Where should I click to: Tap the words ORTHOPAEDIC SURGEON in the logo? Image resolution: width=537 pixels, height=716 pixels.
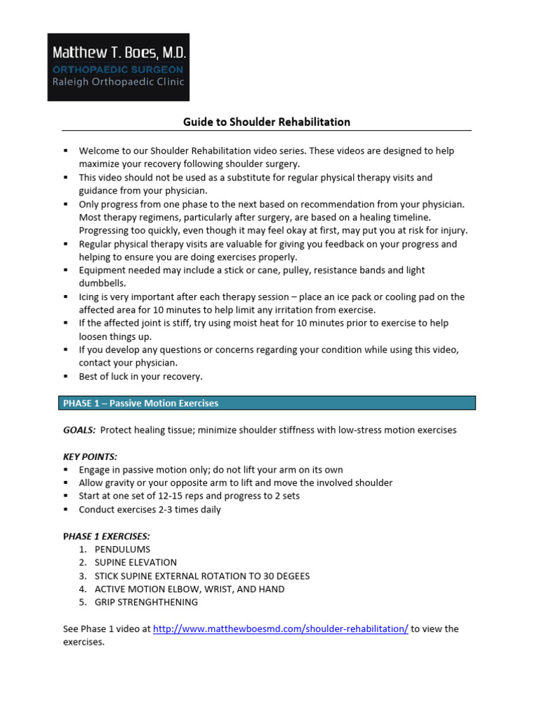pyautogui.click(x=117, y=69)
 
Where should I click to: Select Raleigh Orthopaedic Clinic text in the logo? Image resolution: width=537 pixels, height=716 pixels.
pyautogui.click(x=117, y=82)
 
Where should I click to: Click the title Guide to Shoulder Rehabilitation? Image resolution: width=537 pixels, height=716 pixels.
pyautogui.click(x=266, y=122)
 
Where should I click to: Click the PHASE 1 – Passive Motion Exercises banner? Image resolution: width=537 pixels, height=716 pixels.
pyautogui.click(x=141, y=403)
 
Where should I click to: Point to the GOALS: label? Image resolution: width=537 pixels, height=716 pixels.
pyautogui.click(x=79, y=430)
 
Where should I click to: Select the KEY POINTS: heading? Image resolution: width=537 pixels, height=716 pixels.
pyautogui.click(x=90, y=457)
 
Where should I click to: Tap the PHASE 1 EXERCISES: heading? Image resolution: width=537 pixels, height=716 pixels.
pyautogui.click(x=106, y=536)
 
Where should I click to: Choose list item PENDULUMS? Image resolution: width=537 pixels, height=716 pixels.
pyautogui.click(x=122, y=550)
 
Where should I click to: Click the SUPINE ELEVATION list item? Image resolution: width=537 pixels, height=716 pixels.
pyautogui.click(x=136, y=562)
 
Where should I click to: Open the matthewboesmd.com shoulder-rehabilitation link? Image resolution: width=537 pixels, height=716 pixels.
pyautogui.click(x=280, y=629)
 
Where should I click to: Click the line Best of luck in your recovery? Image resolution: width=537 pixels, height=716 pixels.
pyautogui.click(x=141, y=376)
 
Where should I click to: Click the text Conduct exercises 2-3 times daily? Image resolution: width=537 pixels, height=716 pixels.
pyautogui.click(x=150, y=510)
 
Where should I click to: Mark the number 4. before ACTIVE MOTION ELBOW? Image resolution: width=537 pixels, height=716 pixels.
pyautogui.click(x=83, y=589)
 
